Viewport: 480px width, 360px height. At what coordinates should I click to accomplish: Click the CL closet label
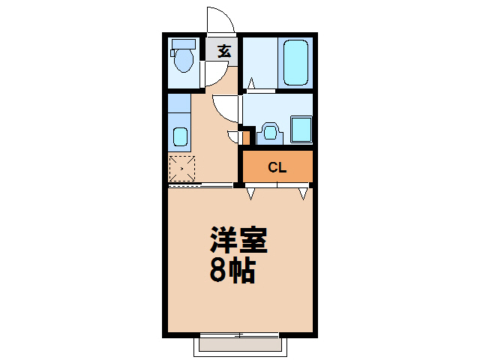tap(277, 168)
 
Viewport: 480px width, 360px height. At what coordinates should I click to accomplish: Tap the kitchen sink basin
tap(180, 136)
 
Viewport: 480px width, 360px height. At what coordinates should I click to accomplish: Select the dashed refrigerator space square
tap(181, 169)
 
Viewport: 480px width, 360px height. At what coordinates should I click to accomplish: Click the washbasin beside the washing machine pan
tap(270, 133)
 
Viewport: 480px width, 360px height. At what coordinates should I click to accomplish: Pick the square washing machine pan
tap(301, 130)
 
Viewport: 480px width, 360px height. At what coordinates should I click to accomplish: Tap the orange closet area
tap(277, 166)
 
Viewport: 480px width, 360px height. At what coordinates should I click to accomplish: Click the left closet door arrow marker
tap(251, 193)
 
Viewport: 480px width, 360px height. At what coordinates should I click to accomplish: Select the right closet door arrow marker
tap(303, 193)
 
